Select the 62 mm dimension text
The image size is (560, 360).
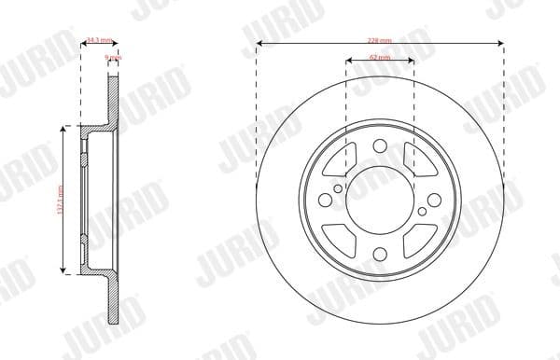[x=380, y=59]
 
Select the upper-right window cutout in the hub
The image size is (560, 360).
[x=417, y=159]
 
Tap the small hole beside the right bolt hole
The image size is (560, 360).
[x=423, y=212]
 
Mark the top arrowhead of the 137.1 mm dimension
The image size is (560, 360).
[x=64, y=132]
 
